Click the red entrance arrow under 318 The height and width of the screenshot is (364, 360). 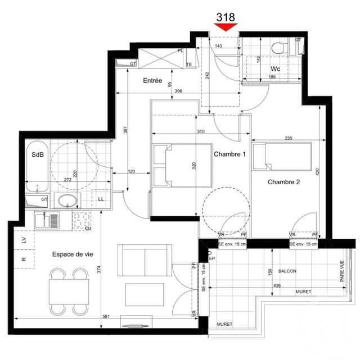pyautogui.click(x=226, y=26)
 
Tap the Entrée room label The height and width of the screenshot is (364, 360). pyautogui.click(x=152, y=81)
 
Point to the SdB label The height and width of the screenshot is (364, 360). pyautogui.click(x=38, y=155)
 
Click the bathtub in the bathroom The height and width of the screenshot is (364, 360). pyautogui.click(x=37, y=166)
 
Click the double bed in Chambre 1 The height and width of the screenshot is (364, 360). pyautogui.click(x=181, y=166)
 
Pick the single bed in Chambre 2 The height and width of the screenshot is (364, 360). pyautogui.click(x=281, y=156)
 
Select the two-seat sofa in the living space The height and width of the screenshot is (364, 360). pyautogui.click(x=145, y=260)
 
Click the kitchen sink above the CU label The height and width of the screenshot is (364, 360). pyautogui.click(x=45, y=220)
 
